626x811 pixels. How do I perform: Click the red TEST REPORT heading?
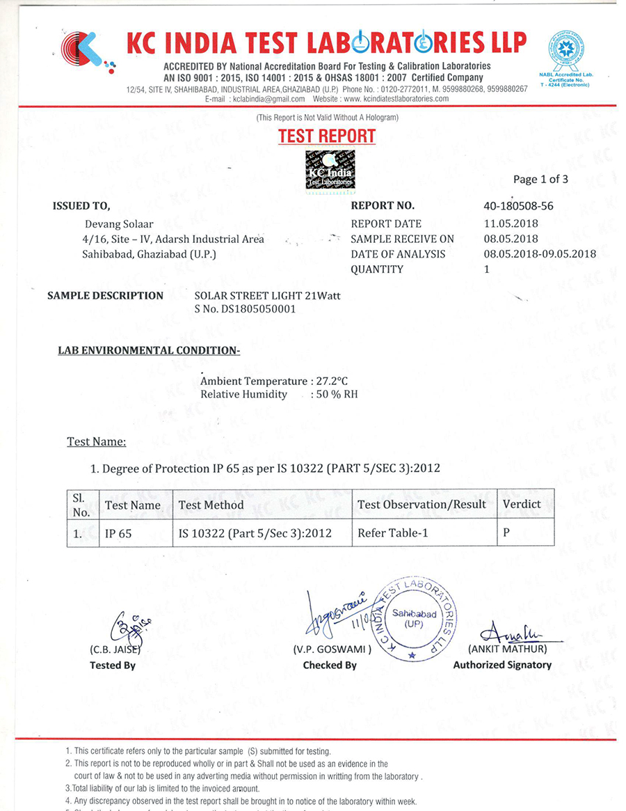327,136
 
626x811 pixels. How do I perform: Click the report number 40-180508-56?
518,206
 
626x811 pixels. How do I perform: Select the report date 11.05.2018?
511,223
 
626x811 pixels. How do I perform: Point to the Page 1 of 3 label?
540,179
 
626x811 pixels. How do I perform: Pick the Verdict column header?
522,504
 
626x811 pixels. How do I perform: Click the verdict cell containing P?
506,534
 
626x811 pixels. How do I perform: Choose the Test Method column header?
211,505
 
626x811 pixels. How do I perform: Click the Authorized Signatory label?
502,665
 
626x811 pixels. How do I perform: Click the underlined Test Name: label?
97,441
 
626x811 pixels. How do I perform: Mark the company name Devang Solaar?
119,223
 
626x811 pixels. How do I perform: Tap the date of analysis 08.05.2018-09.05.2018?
540,254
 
